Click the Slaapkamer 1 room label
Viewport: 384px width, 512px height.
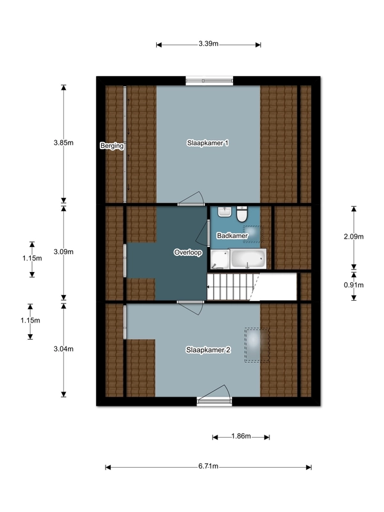pos(207,143)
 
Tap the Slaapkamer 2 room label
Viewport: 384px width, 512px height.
pos(209,350)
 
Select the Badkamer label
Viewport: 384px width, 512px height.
pos(232,236)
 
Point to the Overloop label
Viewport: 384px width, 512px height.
pos(188,252)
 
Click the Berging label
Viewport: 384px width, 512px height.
pos(112,146)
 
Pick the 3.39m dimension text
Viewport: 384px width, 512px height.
pos(209,44)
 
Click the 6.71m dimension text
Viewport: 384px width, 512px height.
pos(209,466)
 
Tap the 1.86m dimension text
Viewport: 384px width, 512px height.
pos(241,436)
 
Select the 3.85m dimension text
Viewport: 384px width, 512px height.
pos(63,143)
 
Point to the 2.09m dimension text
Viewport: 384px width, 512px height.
pos(354,236)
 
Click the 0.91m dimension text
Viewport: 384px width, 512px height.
pos(354,285)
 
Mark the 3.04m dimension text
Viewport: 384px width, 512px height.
pos(63,349)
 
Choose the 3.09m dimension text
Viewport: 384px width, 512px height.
pos(63,252)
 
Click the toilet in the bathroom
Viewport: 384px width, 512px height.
pos(242,214)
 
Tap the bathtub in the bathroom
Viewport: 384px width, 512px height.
pos(248,259)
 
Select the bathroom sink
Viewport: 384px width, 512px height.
pos(225,212)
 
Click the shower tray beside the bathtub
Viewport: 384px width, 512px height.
pos(220,259)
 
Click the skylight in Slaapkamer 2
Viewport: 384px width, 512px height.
pos(257,345)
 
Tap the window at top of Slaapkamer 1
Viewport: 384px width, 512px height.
pos(210,81)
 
